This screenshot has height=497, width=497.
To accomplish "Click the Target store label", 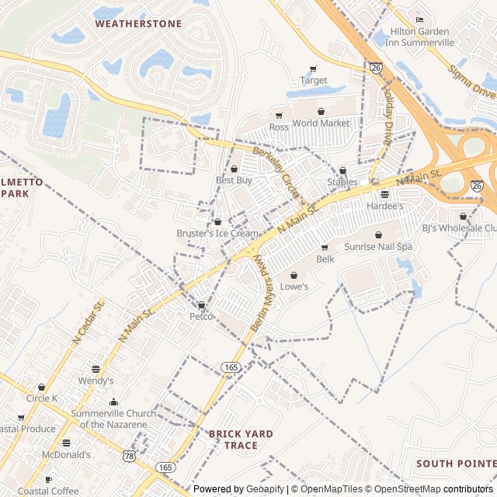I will tap(313, 80).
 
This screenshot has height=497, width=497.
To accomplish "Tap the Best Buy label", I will tap(234, 180).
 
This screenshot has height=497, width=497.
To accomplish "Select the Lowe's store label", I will tap(294, 287).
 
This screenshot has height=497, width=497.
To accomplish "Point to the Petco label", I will tap(201, 316).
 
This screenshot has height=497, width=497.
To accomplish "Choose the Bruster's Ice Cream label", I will tap(217, 233).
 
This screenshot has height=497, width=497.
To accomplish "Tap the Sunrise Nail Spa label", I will tap(378, 246).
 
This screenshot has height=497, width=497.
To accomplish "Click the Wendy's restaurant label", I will tap(96, 381).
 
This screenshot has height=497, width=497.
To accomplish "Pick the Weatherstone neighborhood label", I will tap(138, 23).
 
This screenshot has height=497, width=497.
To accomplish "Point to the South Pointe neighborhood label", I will tap(455, 464).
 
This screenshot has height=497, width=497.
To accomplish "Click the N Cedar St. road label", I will tap(88, 323).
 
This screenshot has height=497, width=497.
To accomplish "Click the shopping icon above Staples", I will tap(342, 170).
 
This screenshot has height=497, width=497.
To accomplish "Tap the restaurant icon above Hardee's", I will tap(384, 194).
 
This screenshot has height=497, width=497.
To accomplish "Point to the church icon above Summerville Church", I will tap(113, 401).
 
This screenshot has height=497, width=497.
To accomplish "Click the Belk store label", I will tap(325, 259).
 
